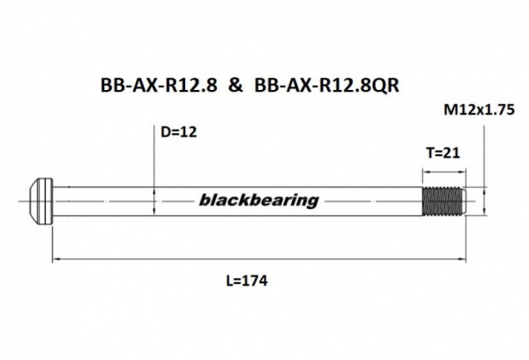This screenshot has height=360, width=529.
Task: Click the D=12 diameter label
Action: pyautogui.click(x=180, y=132)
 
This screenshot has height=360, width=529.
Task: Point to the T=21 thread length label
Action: pyautogui.click(x=443, y=152)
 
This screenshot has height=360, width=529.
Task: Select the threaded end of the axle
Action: pyautogui.click(x=442, y=200)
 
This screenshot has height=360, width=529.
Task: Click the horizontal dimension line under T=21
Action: pyautogui.click(x=442, y=165)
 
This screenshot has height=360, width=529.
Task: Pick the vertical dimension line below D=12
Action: pyautogui.click(x=156, y=163)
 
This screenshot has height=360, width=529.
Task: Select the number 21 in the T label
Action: pyautogui.click(x=452, y=152)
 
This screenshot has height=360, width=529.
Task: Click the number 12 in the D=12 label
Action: pyautogui.click(x=189, y=132)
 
